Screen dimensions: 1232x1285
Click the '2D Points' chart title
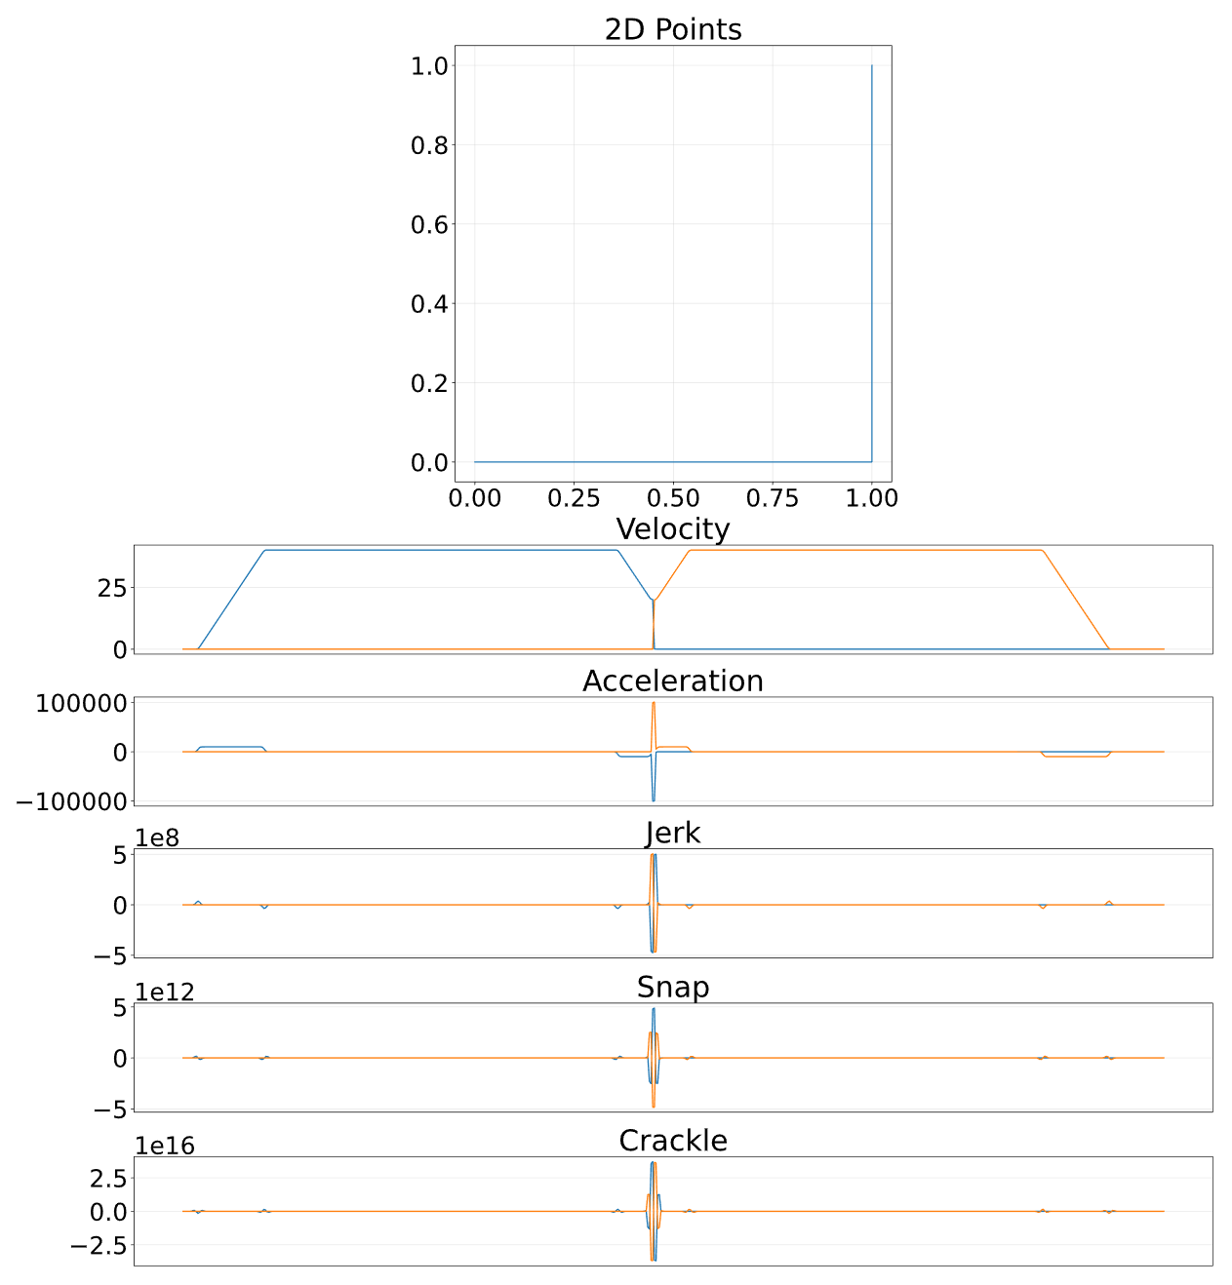coord(672,29)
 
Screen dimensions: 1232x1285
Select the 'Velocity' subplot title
coord(672,529)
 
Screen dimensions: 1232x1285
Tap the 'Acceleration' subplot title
coord(672,681)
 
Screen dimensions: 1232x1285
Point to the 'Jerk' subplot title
coord(672,834)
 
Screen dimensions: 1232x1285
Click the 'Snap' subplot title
coord(672,988)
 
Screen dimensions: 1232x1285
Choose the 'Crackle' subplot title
coord(672,1141)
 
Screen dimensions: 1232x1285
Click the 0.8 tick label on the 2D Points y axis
coord(429,145)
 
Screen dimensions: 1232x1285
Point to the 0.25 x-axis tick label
coord(574,498)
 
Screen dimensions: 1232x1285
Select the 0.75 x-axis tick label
coord(773,498)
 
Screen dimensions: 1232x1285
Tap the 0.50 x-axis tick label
coord(672,498)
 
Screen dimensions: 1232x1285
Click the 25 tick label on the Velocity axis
coord(111,588)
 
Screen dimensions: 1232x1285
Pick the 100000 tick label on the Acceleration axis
coord(81,704)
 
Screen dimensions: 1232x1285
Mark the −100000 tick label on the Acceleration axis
coord(71,801)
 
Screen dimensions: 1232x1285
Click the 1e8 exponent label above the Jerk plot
coord(157,837)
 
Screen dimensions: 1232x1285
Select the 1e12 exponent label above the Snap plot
coord(165,992)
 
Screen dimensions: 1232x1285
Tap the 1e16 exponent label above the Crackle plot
coord(165,1146)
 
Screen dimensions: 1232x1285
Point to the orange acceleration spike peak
coord(654,703)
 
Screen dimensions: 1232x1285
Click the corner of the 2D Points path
coord(871,461)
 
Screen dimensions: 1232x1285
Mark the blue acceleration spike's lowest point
coord(654,801)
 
